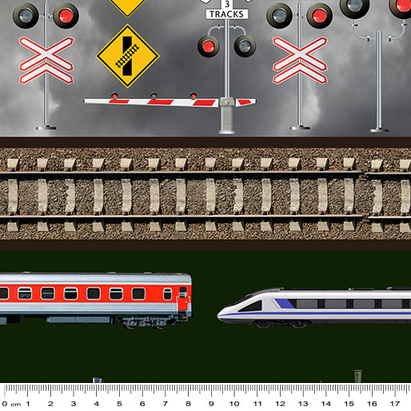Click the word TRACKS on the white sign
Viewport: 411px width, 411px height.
tap(226, 14)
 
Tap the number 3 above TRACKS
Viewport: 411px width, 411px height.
tap(227, 4)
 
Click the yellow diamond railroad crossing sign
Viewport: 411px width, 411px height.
tap(128, 56)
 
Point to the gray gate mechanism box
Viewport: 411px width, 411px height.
tap(227, 115)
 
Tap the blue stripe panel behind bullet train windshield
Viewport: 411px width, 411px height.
tap(285, 303)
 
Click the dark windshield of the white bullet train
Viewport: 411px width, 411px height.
tap(250, 306)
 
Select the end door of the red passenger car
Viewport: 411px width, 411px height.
tap(183, 298)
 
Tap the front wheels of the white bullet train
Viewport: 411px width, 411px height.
tap(282, 324)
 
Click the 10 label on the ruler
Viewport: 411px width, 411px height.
tap(234, 404)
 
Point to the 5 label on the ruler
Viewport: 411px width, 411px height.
tap(119, 404)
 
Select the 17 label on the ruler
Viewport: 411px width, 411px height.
tap(395, 404)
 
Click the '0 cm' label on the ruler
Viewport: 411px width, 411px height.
tap(11, 404)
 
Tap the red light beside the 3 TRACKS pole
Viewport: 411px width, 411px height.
tap(209, 46)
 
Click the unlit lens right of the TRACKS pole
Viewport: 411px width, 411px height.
tap(245, 46)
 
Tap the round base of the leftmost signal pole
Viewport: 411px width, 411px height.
tap(46, 128)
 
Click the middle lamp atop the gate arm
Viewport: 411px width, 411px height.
tap(154, 95)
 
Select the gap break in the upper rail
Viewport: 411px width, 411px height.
tap(364, 174)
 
